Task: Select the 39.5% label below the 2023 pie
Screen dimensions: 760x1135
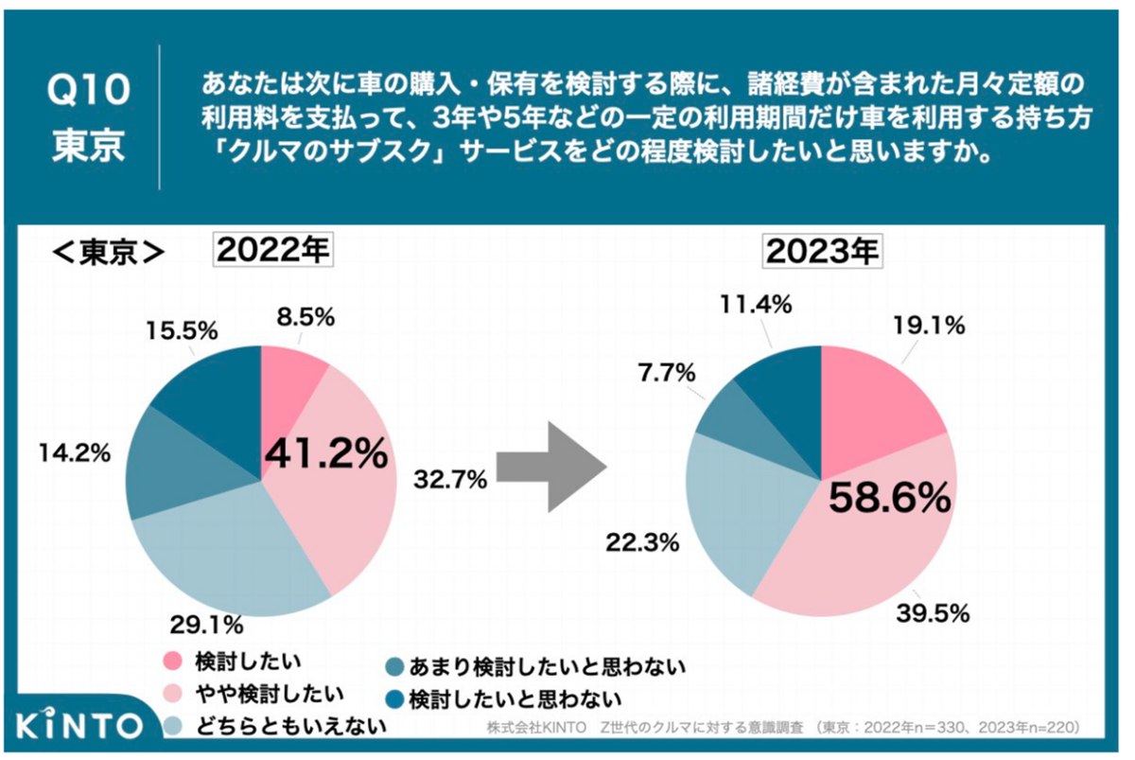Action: tap(933, 613)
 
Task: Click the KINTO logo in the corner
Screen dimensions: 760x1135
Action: tap(79, 727)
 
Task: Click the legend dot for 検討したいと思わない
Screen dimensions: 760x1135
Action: tap(393, 700)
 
